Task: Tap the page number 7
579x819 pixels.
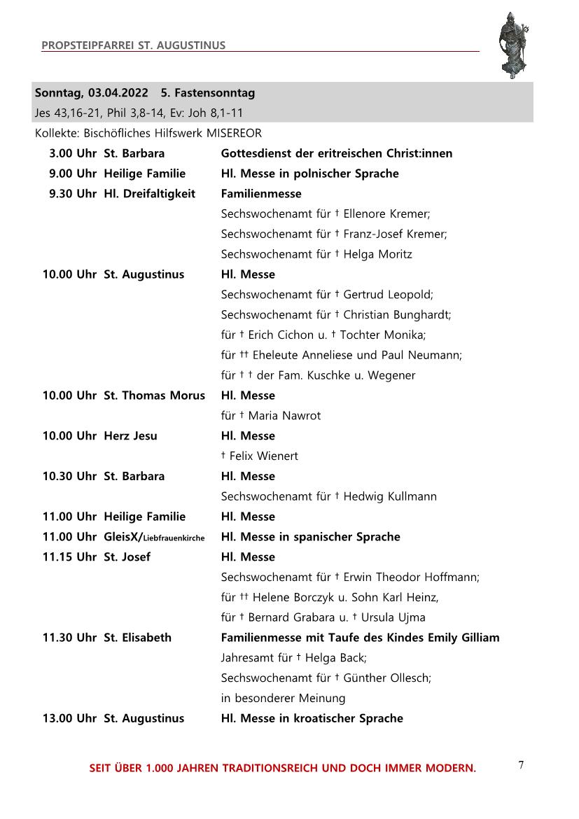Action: [x=521, y=765]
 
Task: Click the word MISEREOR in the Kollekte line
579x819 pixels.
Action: [x=234, y=133]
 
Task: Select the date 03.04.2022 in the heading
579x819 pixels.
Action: [x=118, y=92]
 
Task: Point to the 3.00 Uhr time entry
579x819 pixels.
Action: [x=73, y=153]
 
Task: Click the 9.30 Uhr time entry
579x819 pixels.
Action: [x=73, y=194]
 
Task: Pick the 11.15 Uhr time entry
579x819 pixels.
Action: [x=69, y=557]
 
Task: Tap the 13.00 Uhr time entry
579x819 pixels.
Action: [x=69, y=718]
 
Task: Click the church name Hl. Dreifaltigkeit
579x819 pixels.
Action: [x=150, y=194]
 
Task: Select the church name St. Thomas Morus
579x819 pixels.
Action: [x=155, y=395]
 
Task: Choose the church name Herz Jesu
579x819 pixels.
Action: [x=131, y=436]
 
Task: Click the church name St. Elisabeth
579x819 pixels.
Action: [x=138, y=638]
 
